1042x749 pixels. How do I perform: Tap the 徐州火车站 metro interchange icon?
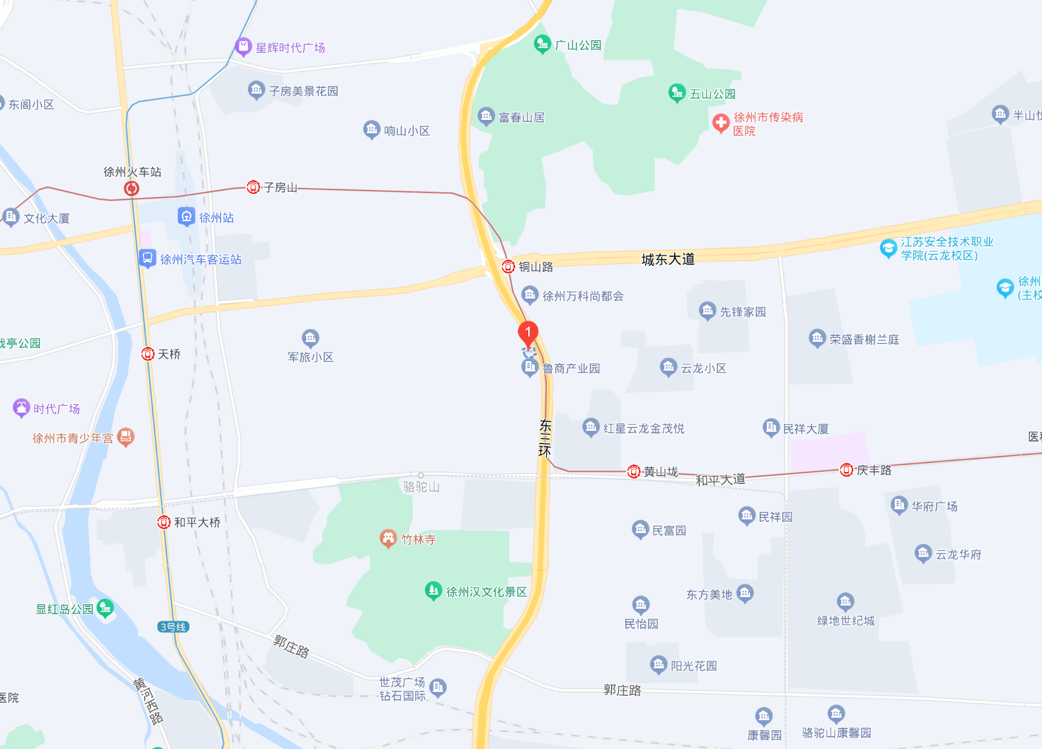132,188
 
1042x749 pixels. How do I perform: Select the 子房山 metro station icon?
253,187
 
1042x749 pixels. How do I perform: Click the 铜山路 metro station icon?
508,267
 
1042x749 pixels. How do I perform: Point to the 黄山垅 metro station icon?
634,471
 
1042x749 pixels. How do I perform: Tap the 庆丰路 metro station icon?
846,470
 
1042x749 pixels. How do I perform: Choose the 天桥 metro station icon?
148,354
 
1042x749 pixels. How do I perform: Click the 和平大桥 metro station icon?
164,522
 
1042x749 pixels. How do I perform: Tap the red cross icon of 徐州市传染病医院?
721,122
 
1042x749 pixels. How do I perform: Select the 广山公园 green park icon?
541,44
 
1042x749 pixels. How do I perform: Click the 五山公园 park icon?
677,93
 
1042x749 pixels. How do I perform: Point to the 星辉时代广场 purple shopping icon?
243,47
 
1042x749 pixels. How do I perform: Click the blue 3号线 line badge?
173,626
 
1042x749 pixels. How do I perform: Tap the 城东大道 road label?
668,259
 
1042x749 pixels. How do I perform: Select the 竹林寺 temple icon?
388,538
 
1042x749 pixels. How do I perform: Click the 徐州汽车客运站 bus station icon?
147,259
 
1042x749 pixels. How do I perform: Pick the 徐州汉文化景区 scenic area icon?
433,591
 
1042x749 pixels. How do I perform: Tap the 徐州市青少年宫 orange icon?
127,437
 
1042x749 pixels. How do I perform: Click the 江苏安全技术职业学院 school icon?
888,248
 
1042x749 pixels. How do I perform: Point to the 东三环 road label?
545,438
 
